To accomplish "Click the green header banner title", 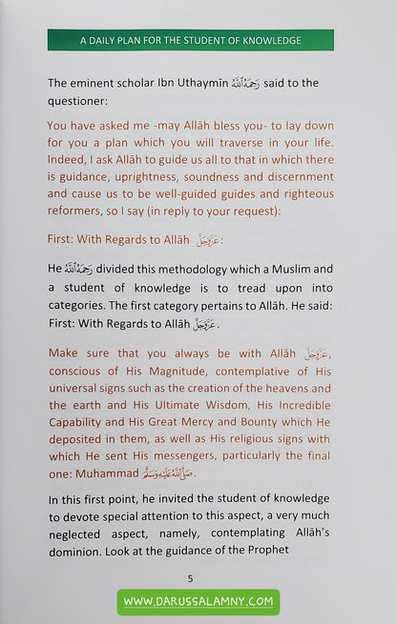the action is pos(191,41).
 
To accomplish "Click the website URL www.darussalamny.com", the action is pos(198,602).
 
